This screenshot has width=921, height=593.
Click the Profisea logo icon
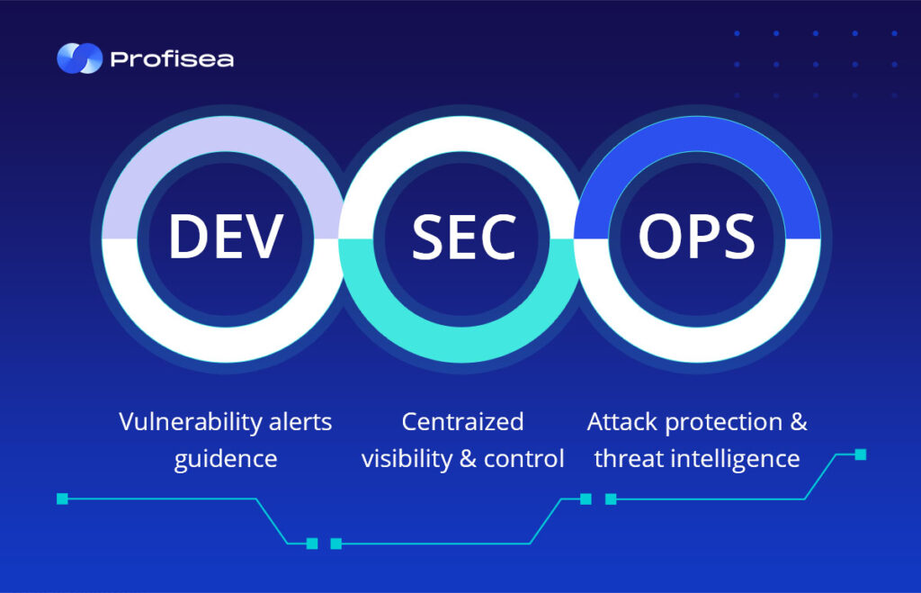[x=79, y=58]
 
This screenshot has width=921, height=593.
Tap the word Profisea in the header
[x=172, y=59]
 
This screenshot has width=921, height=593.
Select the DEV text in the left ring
[x=226, y=237]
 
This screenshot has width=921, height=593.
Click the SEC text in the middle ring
[x=463, y=237]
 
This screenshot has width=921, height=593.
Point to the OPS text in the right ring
[x=697, y=237]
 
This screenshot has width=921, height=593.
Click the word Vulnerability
[x=191, y=423]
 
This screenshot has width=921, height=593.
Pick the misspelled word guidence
[x=226, y=460]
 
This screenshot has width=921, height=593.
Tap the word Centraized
[x=463, y=422]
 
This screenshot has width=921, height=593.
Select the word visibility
[x=407, y=459]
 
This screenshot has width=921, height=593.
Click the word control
[x=523, y=459]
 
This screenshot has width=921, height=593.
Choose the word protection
[x=724, y=423]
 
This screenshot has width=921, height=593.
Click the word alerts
[x=300, y=422]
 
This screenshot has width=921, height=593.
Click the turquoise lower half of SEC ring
[x=463, y=345]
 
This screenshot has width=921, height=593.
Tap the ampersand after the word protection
[x=799, y=422]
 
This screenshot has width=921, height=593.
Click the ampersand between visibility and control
[x=468, y=459]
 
